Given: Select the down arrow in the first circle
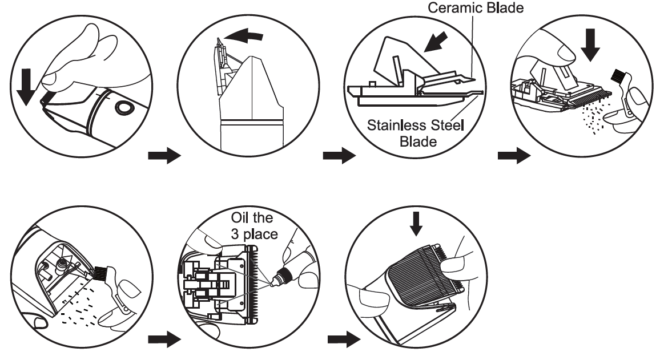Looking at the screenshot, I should (26, 89).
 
